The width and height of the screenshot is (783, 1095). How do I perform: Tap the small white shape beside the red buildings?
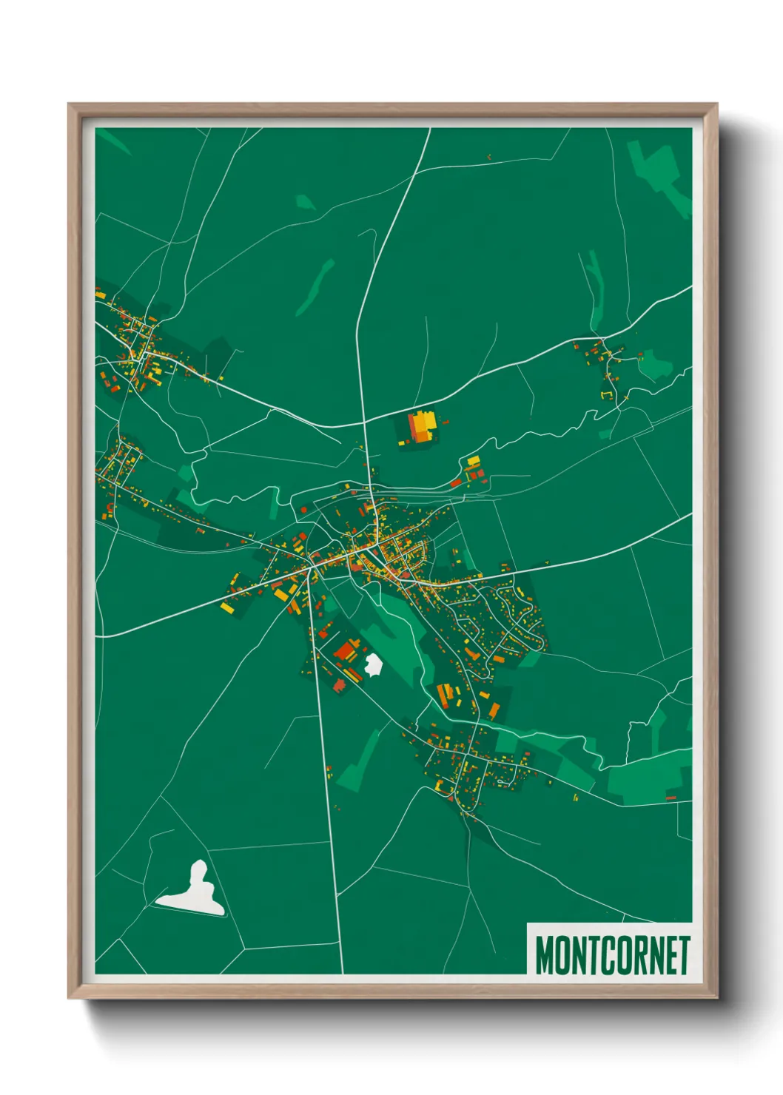point(373,664)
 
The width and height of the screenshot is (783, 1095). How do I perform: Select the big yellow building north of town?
point(422,427)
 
